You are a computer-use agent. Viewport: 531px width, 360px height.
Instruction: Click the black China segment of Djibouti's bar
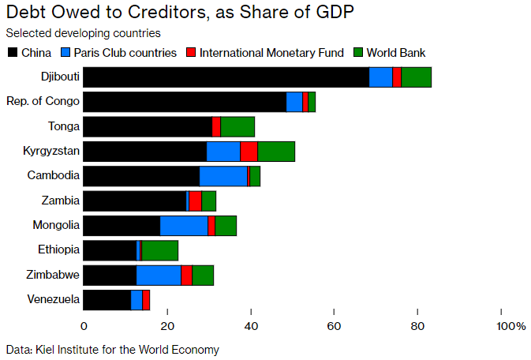(226, 77)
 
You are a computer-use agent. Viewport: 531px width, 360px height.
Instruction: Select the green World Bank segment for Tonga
(237, 126)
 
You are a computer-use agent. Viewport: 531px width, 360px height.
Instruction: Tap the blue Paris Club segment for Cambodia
(223, 176)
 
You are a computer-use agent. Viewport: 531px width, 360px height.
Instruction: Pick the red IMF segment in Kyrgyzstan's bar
(249, 152)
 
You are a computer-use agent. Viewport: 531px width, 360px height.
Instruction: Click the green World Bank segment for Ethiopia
(159, 250)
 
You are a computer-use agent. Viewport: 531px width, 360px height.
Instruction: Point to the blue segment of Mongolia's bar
(184, 226)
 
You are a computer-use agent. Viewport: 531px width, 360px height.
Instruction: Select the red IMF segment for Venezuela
(146, 300)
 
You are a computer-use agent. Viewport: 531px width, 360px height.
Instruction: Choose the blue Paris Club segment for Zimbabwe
(159, 275)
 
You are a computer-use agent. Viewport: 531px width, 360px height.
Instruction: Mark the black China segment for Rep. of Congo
(185, 102)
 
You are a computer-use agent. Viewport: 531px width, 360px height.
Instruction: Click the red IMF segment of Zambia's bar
(195, 201)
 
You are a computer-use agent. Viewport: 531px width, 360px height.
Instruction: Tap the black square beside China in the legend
(12, 53)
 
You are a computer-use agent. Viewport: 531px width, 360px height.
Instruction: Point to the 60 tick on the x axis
(335, 325)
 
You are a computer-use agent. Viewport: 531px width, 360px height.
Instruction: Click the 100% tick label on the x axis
(510, 325)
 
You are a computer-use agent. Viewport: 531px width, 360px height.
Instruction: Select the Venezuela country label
(53, 300)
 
